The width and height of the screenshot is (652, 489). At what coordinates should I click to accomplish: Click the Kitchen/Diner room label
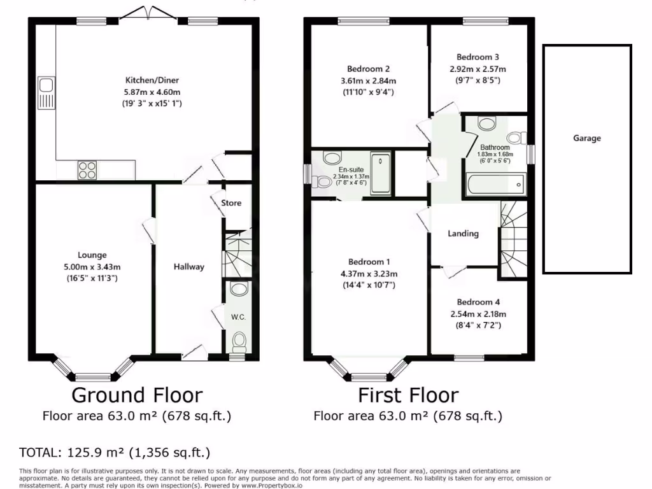(x=152, y=80)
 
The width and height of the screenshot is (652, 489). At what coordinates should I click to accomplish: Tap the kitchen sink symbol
(x=45, y=92)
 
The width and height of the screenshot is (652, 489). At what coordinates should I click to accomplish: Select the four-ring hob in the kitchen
(x=87, y=169)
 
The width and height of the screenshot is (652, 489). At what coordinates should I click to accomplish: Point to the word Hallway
(x=189, y=267)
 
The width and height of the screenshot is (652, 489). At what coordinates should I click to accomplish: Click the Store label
(x=231, y=203)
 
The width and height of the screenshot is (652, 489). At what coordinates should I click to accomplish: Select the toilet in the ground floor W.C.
(x=239, y=343)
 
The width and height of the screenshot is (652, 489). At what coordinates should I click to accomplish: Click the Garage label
(x=586, y=138)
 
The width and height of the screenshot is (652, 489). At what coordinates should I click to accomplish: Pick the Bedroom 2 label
(x=368, y=69)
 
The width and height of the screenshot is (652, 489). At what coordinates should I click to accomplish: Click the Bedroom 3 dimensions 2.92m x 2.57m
(x=478, y=69)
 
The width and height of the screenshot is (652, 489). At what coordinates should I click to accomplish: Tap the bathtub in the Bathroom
(x=495, y=185)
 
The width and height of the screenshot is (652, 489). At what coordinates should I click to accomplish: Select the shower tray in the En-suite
(x=381, y=173)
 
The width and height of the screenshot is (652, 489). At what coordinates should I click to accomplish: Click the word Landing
(x=463, y=234)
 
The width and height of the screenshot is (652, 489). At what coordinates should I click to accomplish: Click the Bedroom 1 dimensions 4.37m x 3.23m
(x=369, y=274)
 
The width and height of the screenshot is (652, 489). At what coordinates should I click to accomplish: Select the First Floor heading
(x=407, y=395)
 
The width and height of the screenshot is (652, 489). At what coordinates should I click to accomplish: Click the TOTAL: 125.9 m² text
(x=115, y=453)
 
